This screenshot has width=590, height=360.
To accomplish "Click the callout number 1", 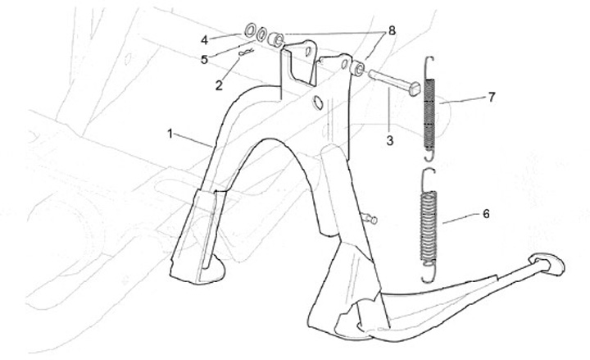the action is [x=170, y=132].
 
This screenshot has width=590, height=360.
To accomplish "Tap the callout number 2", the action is [x=218, y=84].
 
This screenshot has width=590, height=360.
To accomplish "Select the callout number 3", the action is [x=389, y=141].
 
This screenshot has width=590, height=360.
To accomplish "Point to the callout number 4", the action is [x=204, y=38].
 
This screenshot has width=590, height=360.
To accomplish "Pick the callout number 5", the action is [x=205, y=59].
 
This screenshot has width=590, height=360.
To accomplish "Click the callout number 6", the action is [x=486, y=214].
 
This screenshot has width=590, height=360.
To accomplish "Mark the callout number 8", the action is [x=393, y=30].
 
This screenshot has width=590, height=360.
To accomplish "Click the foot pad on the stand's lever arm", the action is [x=546, y=263].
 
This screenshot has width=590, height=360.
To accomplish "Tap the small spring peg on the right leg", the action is [x=373, y=218].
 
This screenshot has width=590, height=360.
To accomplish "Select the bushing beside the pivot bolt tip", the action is [x=359, y=65].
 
